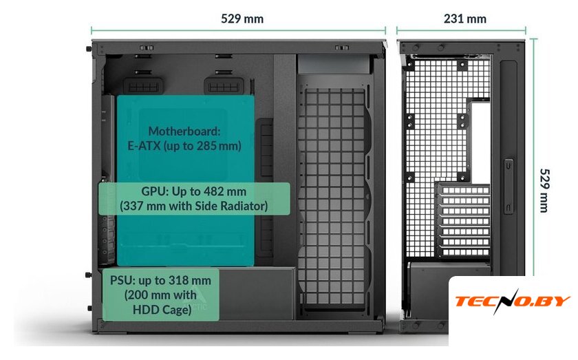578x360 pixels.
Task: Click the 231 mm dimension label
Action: click(x=464, y=19)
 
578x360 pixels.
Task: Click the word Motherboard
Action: click(x=184, y=130)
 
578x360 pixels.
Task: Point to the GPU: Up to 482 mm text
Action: click(x=193, y=191)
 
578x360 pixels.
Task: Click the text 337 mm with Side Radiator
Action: click(x=193, y=205)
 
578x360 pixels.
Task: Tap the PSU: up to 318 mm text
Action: click(x=160, y=280)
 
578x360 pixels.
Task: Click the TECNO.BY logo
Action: click(x=513, y=301)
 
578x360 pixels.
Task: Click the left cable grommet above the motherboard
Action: click(x=144, y=86)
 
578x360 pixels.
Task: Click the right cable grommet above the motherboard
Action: click(x=222, y=86)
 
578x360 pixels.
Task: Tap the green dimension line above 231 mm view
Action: click(x=461, y=30)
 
